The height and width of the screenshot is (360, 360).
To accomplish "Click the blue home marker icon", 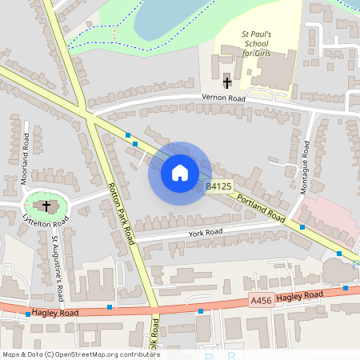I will [179, 173].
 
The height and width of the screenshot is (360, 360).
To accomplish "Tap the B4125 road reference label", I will [218, 187].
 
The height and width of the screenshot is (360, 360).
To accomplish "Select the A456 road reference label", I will [261, 301].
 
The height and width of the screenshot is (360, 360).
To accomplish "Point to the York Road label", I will [205, 233].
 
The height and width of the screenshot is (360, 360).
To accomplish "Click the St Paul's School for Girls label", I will [258, 44].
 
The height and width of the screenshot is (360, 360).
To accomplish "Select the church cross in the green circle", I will [46, 206].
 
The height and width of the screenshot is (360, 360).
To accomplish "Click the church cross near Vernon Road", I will [226, 82].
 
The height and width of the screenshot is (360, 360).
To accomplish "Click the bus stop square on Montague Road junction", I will [302, 227].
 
